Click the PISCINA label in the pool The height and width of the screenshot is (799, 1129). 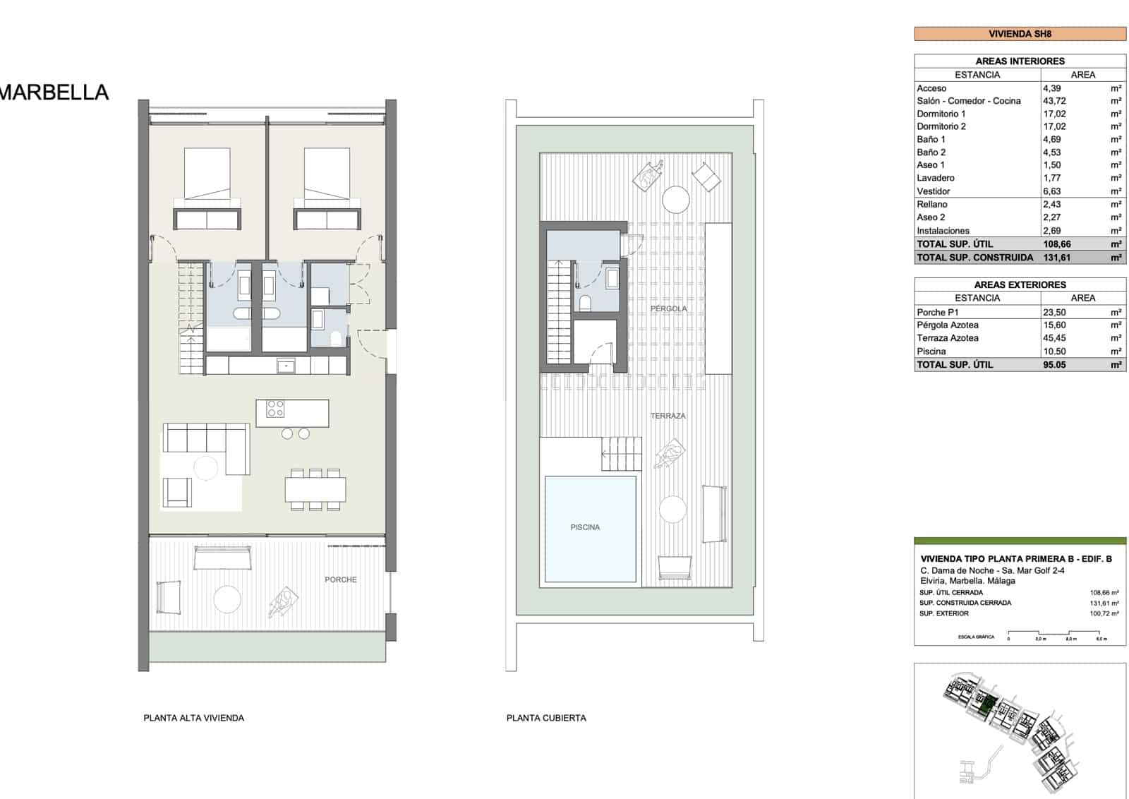[x=585, y=527]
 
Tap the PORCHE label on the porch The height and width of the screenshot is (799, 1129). [x=340, y=579]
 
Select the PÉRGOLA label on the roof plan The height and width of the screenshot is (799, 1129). [x=668, y=309]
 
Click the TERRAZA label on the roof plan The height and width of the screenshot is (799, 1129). [x=668, y=416]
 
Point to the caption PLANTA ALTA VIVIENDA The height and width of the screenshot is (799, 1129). [x=193, y=718]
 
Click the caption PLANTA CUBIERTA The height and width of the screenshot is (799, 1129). [x=546, y=718]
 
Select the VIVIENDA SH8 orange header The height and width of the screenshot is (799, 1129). [x=1020, y=33]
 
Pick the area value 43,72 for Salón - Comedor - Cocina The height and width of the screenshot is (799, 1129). [x=1054, y=101]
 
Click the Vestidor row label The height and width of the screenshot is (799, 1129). [x=933, y=191]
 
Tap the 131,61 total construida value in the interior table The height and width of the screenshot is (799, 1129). [x=1056, y=258]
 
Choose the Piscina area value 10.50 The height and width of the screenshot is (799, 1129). [x=1054, y=352]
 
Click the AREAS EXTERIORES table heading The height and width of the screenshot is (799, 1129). [x=1020, y=284]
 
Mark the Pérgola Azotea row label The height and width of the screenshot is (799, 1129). [x=947, y=325]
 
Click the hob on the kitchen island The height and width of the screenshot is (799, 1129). [x=274, y=409]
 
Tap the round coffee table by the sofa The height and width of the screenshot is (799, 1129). [x=206, y=468]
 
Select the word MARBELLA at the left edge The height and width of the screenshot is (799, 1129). [x=54, y=92]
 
